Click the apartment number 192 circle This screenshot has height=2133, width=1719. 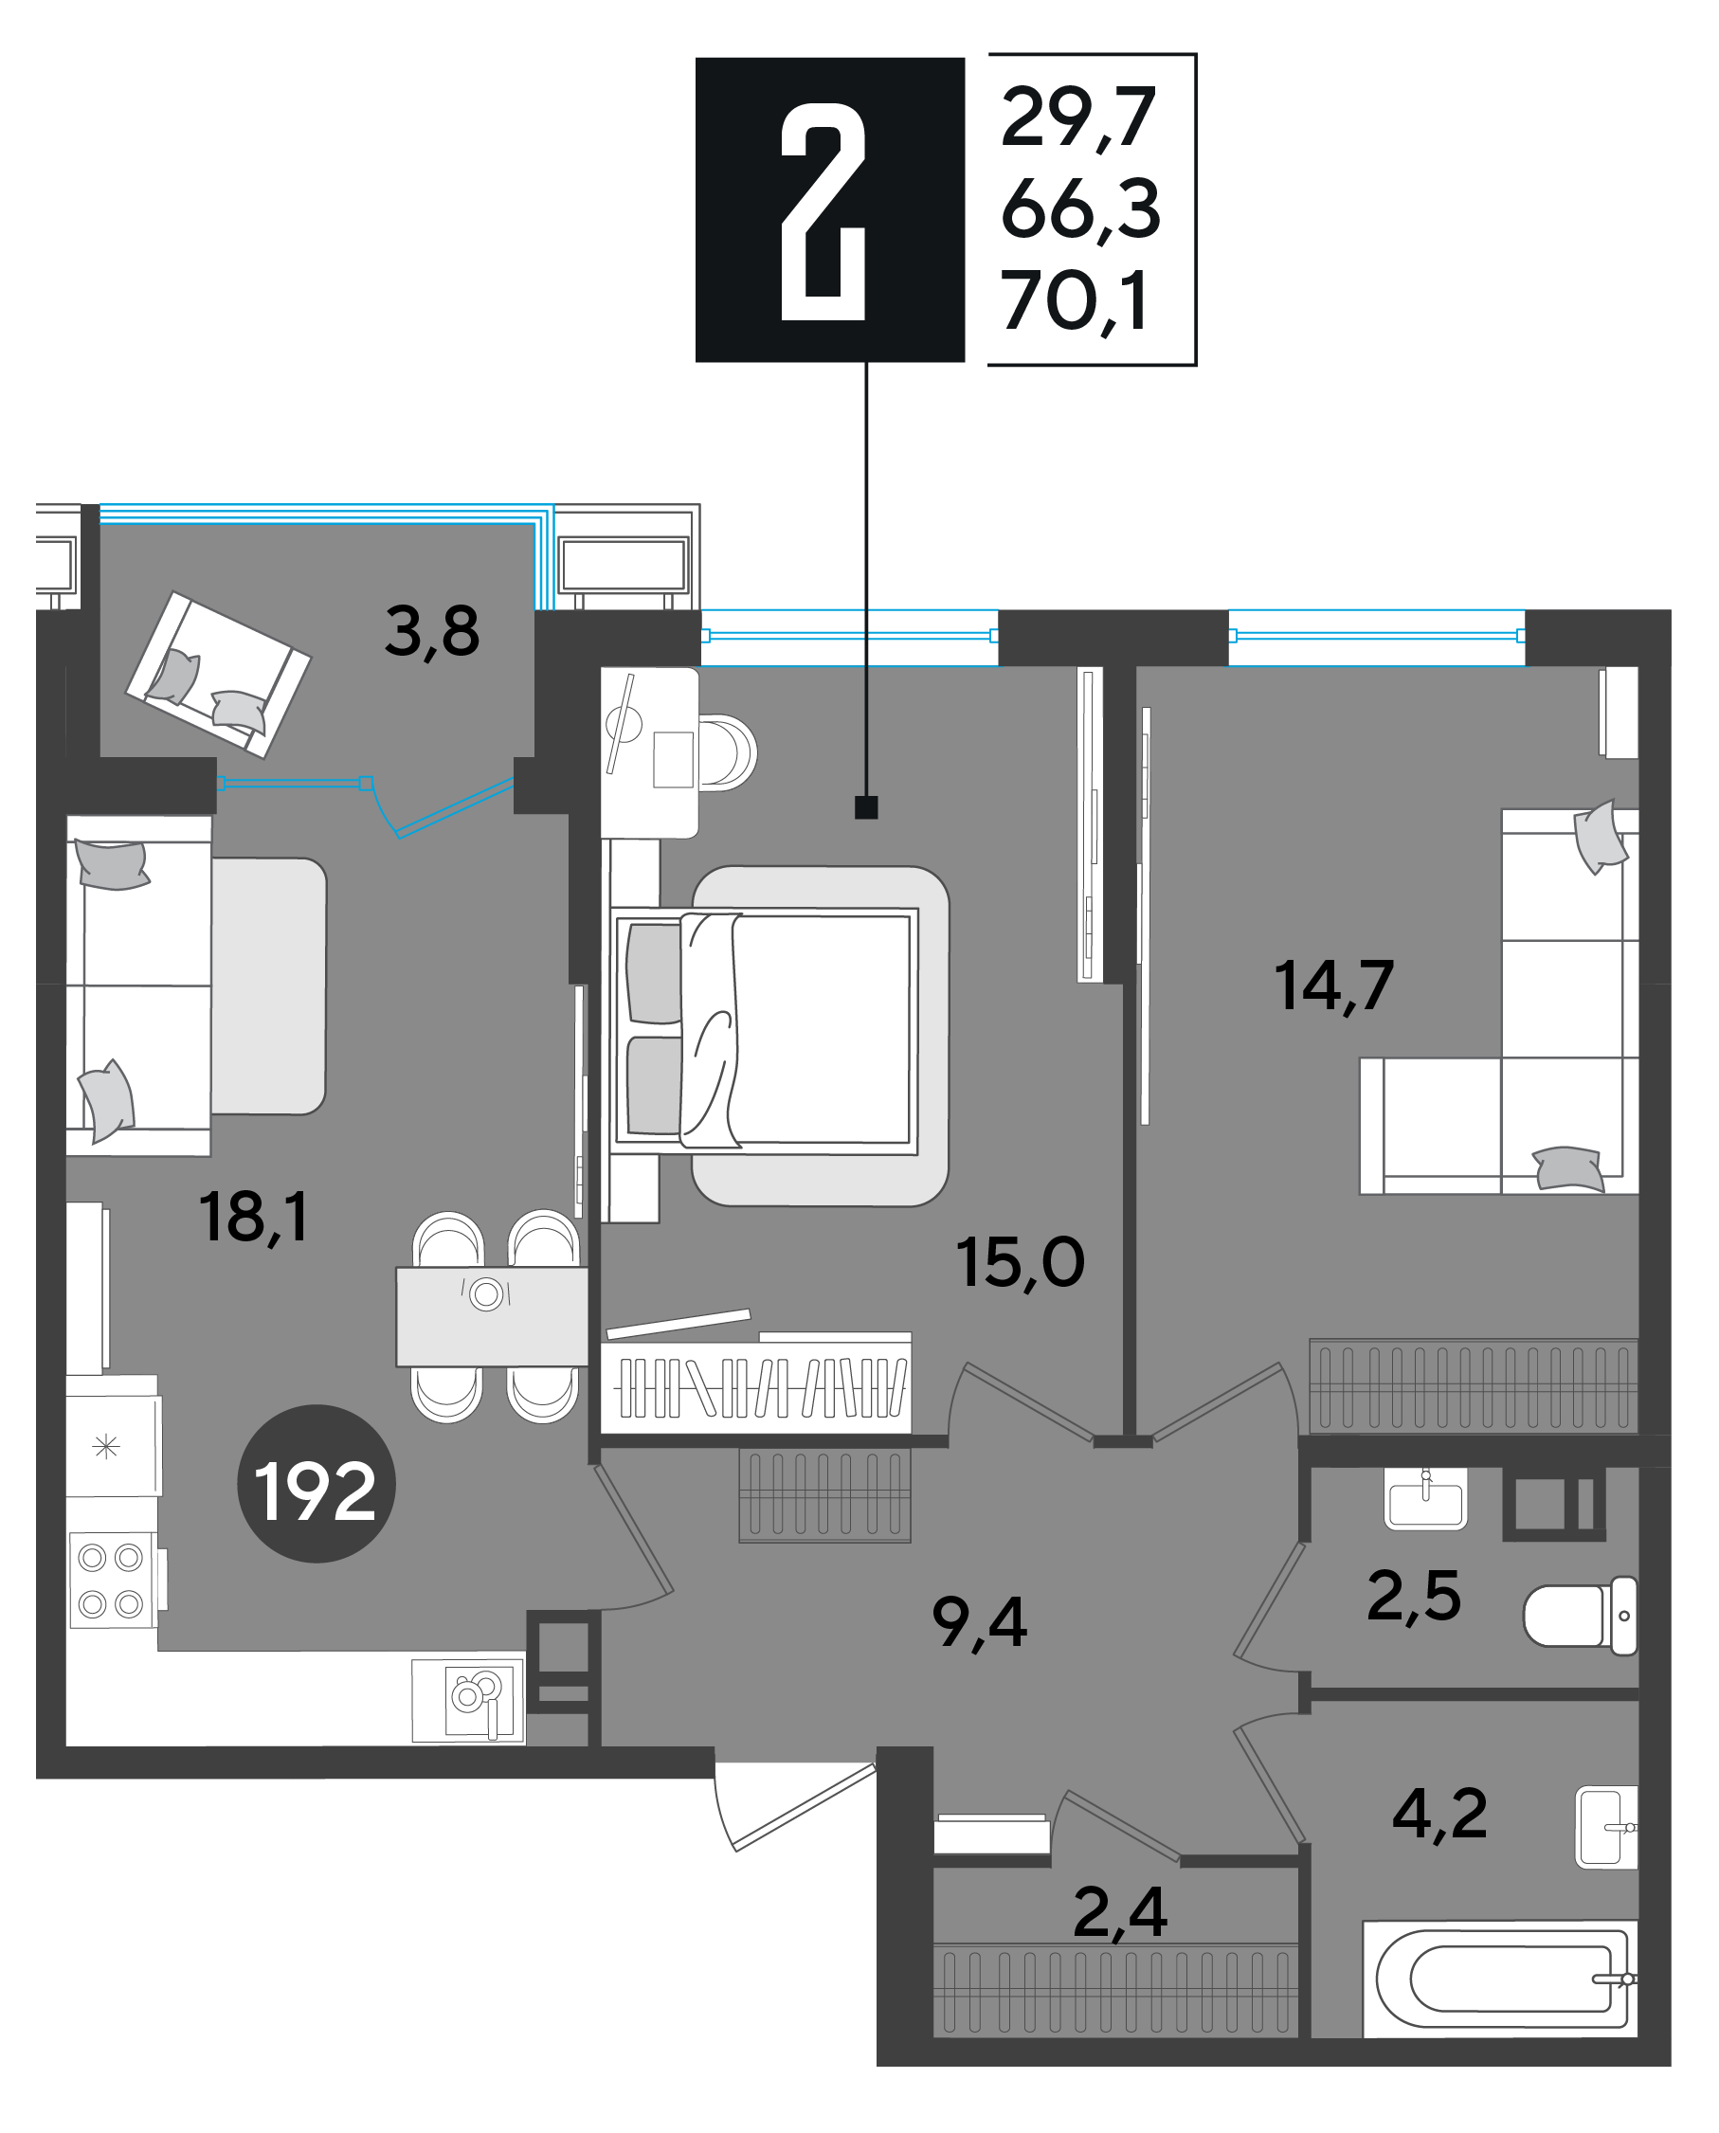point(316,1483)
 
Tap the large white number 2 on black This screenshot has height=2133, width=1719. point(823,211)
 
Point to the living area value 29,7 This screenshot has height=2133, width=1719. point(1078,117)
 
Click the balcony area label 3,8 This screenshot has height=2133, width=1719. point(432,632)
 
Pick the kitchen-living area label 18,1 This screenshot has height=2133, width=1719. point(254,1217)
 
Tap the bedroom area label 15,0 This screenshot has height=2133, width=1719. point(1020,1262)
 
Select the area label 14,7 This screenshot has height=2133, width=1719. point(1334,986)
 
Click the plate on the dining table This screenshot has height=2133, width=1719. point(486,1294)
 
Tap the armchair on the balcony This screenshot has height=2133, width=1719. point(218,675)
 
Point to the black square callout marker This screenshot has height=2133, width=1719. point(866,807)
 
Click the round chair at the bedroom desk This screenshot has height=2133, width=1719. point(727,752)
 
